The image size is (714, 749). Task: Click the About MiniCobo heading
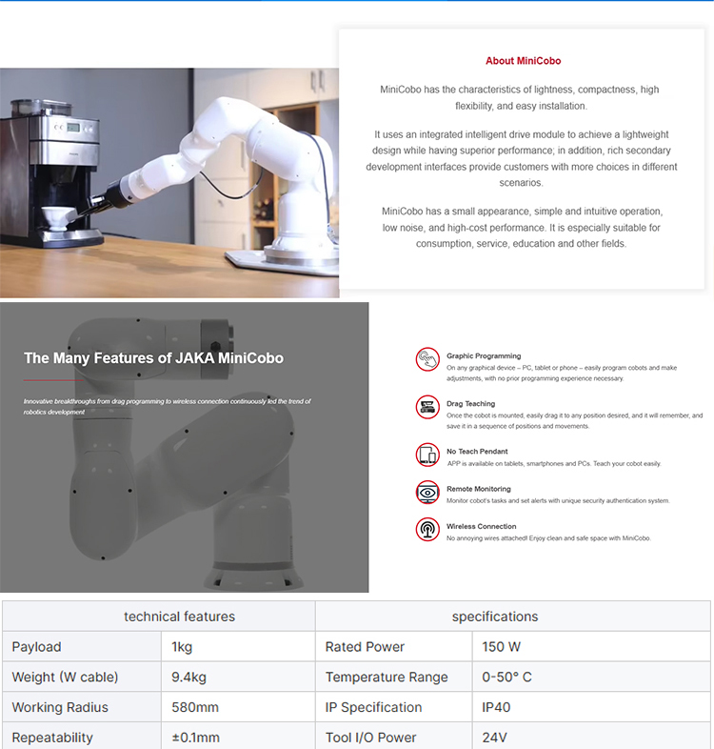click(x=523, y=61)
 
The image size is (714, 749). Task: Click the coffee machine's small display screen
click(x=73, y=127)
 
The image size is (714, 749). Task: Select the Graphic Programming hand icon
click(x=427, y=359)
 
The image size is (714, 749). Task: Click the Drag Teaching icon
click(x=427, y=407)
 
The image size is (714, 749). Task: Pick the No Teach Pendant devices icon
click(x=427, y=455)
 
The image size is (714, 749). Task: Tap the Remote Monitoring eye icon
click(x=427, y=493)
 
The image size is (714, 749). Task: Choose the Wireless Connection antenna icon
click(x=427, y=530)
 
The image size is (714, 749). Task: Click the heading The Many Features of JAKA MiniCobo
click(x=153, y=358)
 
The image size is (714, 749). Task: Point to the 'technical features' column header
click(x=180, y=617)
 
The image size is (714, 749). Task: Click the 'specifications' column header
click(x=495, y=617)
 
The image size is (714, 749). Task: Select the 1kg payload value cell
click(x=238, y=647)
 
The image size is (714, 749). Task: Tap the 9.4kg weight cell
click(x=238, y=677)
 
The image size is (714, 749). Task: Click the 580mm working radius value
click(x=195, y=707)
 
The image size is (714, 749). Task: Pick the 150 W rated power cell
click(x=591, y=647)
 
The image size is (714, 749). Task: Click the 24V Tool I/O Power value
click(x=494, y=738)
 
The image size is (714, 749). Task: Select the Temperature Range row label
click(x=387, y=677)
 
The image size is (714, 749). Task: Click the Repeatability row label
click(x=52, y=738)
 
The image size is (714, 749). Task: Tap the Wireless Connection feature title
click(x=481, y=526)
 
